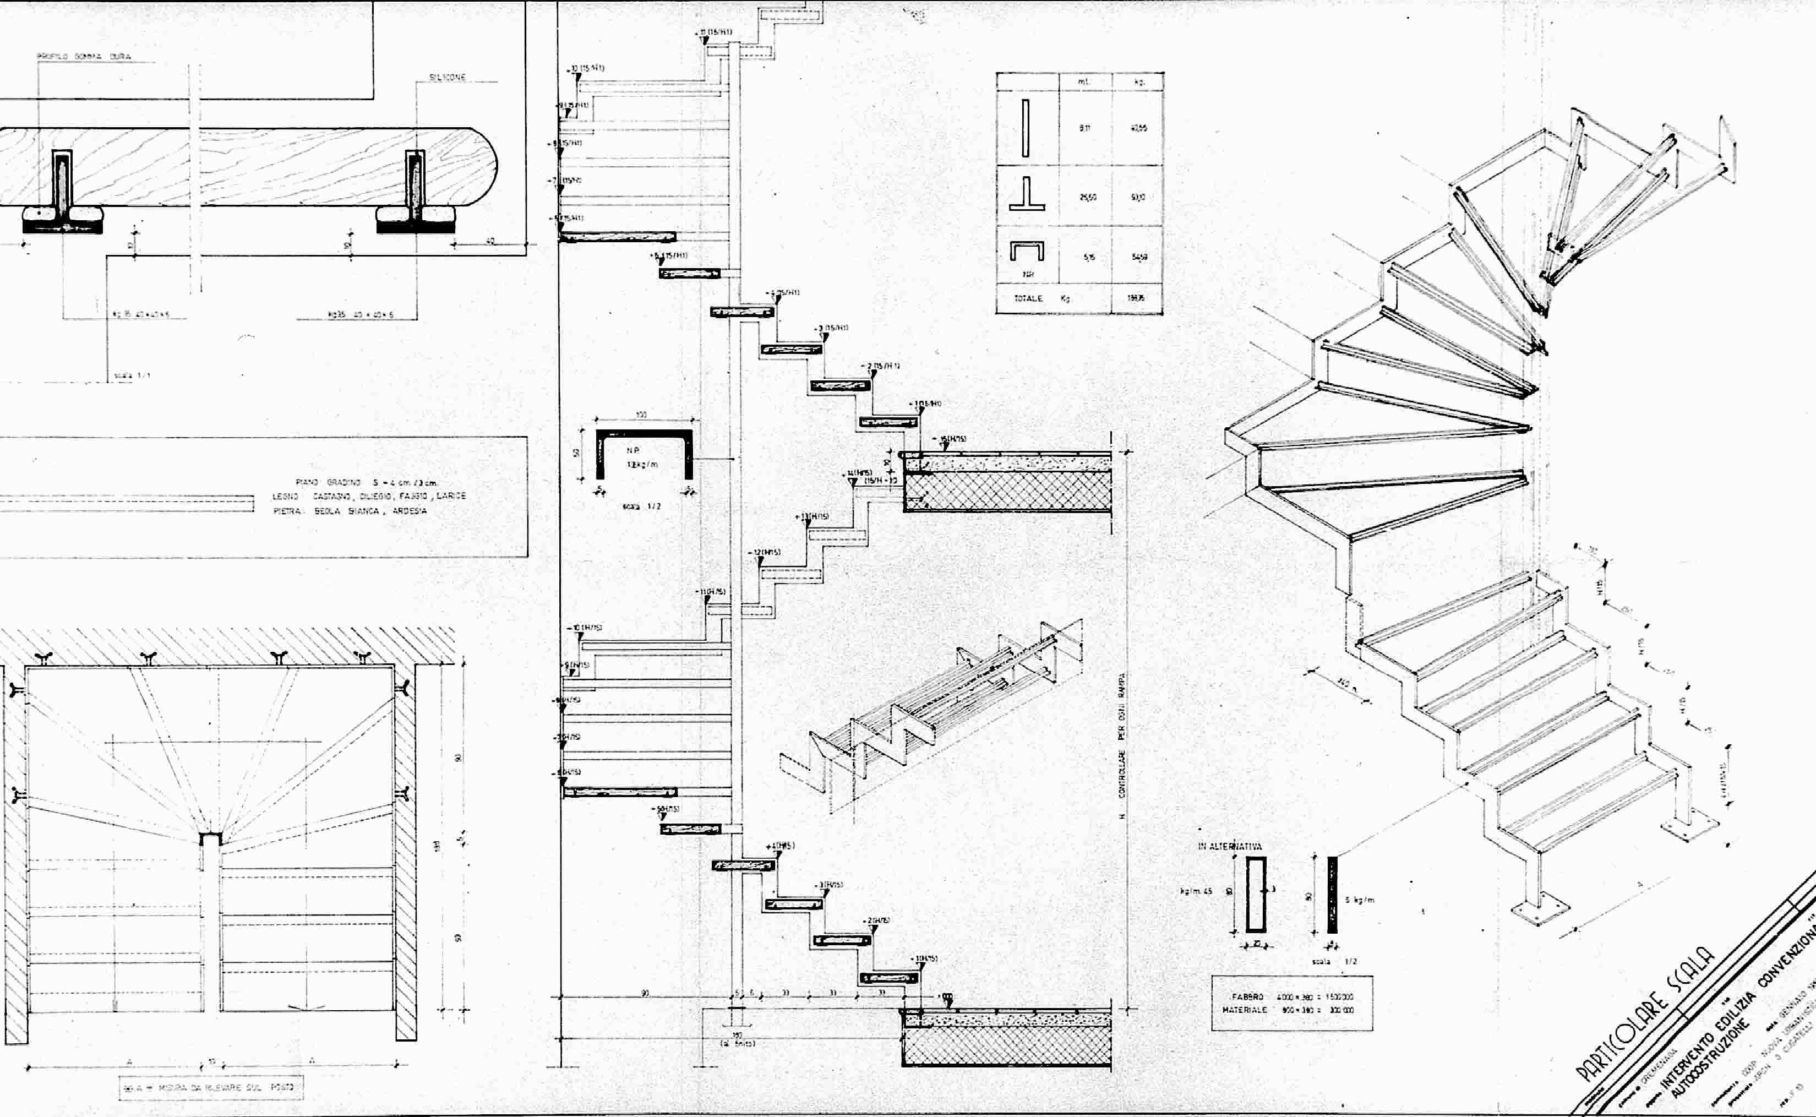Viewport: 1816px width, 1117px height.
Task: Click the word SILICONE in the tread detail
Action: tap(448, 78)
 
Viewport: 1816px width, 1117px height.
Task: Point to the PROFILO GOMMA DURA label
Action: tap(84, 56)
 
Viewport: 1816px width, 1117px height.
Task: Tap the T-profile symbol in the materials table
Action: tap(1027, 194)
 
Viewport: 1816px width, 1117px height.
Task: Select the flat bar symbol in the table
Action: tap(1025, 128)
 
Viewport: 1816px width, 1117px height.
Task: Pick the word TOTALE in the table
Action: tap(1028, 298)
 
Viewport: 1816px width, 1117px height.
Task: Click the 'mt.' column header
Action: tap(1083, 82)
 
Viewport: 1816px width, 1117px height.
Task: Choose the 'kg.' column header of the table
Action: tap(1139, 82)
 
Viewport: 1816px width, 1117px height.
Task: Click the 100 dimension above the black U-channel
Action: tap(641, 415)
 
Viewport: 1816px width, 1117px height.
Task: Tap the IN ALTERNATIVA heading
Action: tap(1230, 847)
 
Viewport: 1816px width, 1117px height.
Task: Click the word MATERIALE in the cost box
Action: tap(1245, 1010)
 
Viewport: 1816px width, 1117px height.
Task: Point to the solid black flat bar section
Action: tap(1332, 894)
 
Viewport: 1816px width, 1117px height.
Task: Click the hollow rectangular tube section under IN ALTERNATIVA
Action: tap(1256, 894)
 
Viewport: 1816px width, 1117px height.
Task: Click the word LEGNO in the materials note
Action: tap(285, 497)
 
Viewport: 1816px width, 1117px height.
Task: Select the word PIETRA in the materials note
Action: tap(285, 511)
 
